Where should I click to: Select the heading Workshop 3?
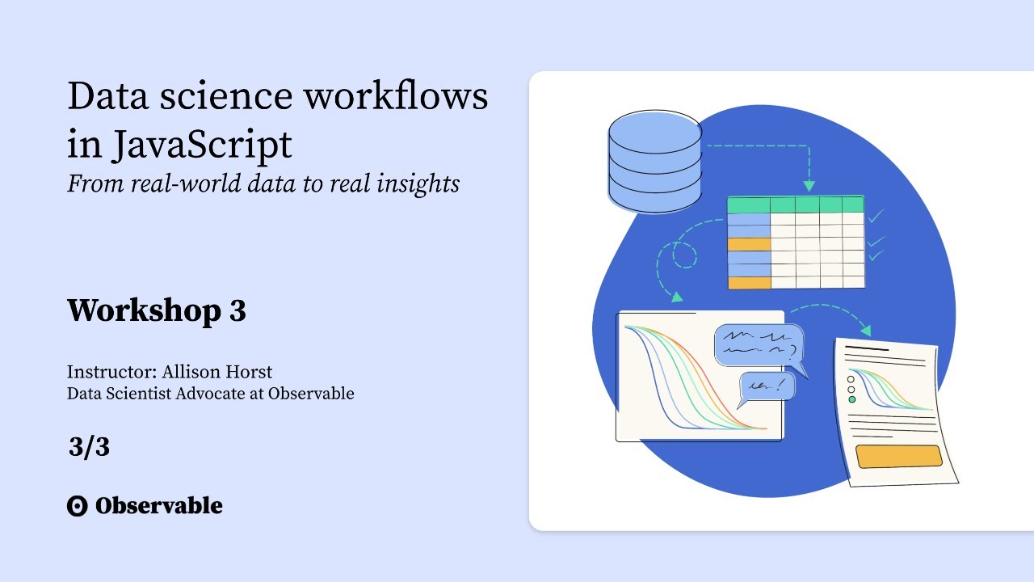tap(156, 310)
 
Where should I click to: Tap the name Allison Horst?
tap(217, 373)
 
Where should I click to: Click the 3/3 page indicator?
tap(89, 447)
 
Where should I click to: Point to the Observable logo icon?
tap(77, 507)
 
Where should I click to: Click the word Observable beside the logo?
tap(158, 506)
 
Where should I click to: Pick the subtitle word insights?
tap(418, 183)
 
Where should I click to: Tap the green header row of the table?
tap(796, 204)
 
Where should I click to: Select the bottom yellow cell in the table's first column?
tap(749, 282)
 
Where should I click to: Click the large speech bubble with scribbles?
tap(759, 345)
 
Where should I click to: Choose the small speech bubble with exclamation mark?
tap(767, 386)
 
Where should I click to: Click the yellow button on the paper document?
tap(898, 457)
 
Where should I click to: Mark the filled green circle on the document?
tap(851, 399)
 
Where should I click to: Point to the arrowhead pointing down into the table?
tap(809, 186)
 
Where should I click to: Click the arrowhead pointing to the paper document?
tap(866, 330)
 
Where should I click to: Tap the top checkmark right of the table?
tap(876, 217)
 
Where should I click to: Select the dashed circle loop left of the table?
tap(684, 256)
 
